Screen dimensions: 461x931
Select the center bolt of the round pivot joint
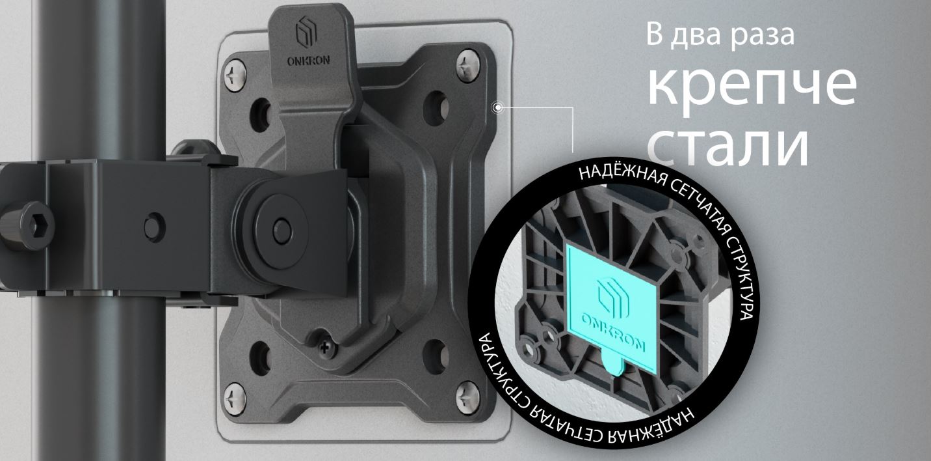point(281,227)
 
